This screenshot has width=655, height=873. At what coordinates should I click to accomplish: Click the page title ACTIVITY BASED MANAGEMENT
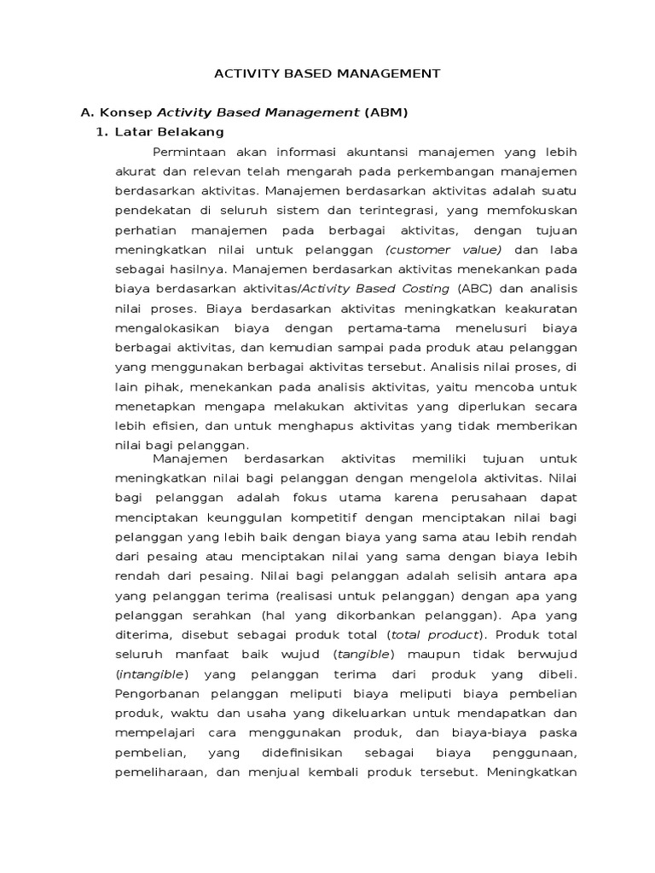click(x=327, y=73)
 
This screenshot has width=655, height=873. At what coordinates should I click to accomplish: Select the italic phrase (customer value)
click(x=443, y=249)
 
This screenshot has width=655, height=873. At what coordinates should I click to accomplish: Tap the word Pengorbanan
click(x=156, y=692)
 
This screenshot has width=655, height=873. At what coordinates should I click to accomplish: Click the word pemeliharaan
click(x=158, y=771)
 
